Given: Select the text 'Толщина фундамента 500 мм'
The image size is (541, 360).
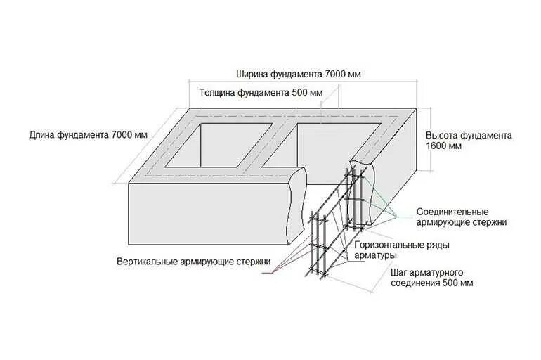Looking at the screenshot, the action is (261, 92).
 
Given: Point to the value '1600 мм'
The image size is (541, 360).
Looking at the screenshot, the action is (443, 146).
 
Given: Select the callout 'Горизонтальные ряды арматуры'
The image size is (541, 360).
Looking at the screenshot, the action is (402, 250).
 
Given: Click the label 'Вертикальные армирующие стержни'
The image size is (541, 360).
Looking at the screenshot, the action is (194, 262).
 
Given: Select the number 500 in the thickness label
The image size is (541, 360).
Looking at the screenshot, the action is (298, 92).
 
